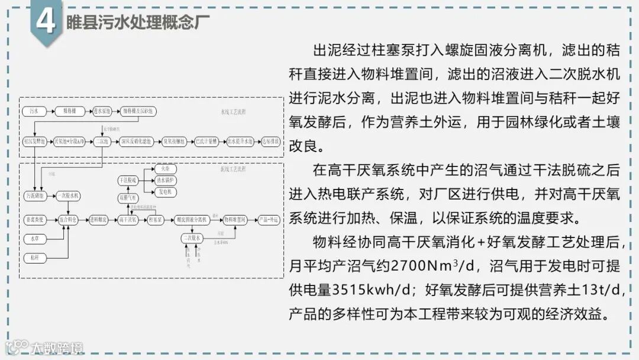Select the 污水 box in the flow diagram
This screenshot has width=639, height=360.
click(x=33, y=111)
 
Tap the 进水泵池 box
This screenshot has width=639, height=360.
click(x=103, y=111)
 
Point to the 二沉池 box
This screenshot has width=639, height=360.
click(x=103, y=142)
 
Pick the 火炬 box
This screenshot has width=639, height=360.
click(x=165, y=168)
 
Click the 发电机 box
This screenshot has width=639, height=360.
click(x=165, y=191)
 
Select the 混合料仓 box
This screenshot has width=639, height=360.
click(x=69, y=219)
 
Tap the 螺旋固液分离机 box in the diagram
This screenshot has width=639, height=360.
click(x=192, y=219)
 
